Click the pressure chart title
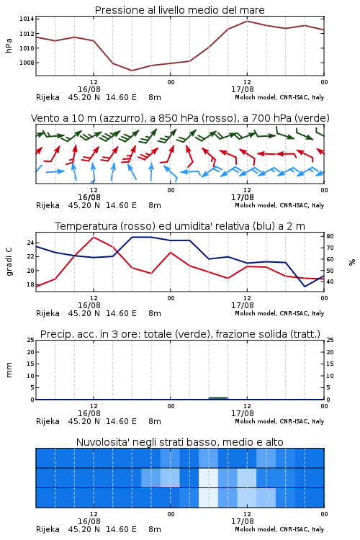(179, 10)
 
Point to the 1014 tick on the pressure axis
(27, 19)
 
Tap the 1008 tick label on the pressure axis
(27, 63)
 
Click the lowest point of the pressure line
(132, 71)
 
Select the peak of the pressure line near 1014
(247, 21)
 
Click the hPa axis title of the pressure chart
(9, 45)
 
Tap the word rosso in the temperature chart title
(137, 226)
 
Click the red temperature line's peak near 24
(94, 237)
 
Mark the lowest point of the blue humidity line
(305, 287)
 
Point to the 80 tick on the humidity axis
(330, 237)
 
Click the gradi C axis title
(9, 261)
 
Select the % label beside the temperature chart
(352, 262)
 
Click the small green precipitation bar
(218, 398)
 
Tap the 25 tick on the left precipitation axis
(31, 341)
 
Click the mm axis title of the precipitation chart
(9, 369)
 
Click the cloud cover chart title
(179, 442)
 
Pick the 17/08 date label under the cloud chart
(243, 521)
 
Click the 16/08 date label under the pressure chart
(89, 89)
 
